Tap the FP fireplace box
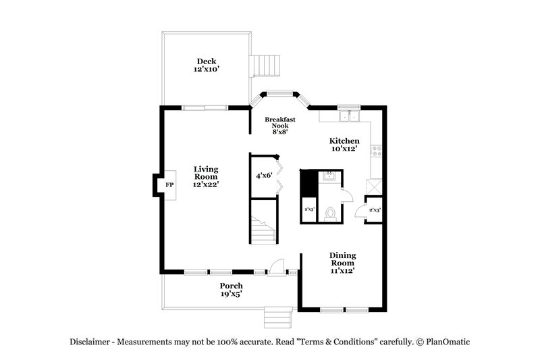(x=169, y=185)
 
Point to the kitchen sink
(x=349, y=116)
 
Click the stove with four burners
(x=377, y=153)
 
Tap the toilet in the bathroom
(x=330, y=213)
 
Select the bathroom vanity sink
(x=329, y=177)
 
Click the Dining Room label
(x=343, y=263)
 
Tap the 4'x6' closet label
(x=263, y=176)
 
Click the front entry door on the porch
(x=276, y=268)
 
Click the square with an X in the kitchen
(x=373, y=186)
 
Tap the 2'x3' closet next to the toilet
(x=310, y=210)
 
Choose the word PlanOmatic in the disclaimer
(x=446, y=342)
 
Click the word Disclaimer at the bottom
(x=91, y=342)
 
